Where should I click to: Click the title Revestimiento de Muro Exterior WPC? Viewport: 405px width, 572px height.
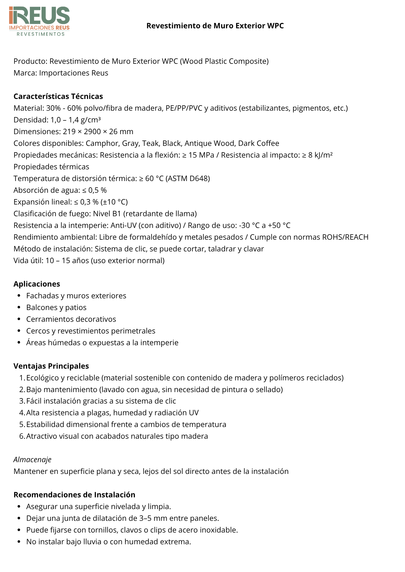click(x=215, y=26)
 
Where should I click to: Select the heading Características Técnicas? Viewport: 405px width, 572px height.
click(x=58, y=96)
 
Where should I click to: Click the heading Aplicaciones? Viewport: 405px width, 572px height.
click(x=37, y=284)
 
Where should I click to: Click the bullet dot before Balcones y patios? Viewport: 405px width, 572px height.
click(x=19, y=307)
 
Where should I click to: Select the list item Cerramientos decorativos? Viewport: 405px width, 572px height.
click(x=71, y=319)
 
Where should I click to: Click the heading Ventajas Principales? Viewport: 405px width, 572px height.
click(x=51, y=366)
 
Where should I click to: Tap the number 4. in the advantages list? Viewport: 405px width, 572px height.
click(x=22, y=413)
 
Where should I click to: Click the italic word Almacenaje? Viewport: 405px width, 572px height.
click(x=32, y=460)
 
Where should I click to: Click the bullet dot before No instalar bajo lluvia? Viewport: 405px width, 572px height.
click(x=19, y=542)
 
